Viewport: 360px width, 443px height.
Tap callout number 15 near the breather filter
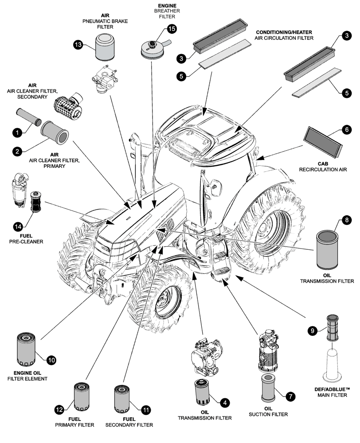tap(172, 29)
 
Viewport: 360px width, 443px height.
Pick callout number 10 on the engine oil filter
tap(52, 360)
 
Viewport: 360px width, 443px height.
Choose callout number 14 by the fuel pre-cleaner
tap(17, 226)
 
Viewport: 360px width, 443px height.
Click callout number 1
tap(16, 132)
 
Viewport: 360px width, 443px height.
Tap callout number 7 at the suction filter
tap(290, 396)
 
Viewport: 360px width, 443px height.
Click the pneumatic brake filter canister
tap(105, 49)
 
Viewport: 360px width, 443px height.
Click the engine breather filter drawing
tap(151, 47)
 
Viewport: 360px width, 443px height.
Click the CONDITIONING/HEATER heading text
tap(284, 32)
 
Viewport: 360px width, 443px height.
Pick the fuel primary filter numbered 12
tap(82, 397)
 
